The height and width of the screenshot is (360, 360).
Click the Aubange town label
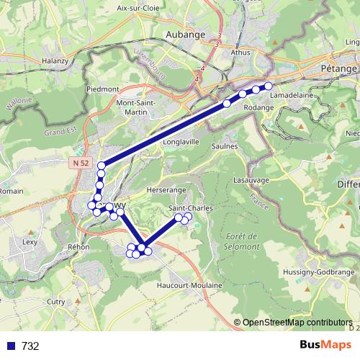point(186,35)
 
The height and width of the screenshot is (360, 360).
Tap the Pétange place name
point(337,66)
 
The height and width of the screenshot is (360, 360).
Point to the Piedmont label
point(102,89)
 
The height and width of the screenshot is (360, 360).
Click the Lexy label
point(30,243)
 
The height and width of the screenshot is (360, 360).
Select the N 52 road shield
point(82,163)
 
